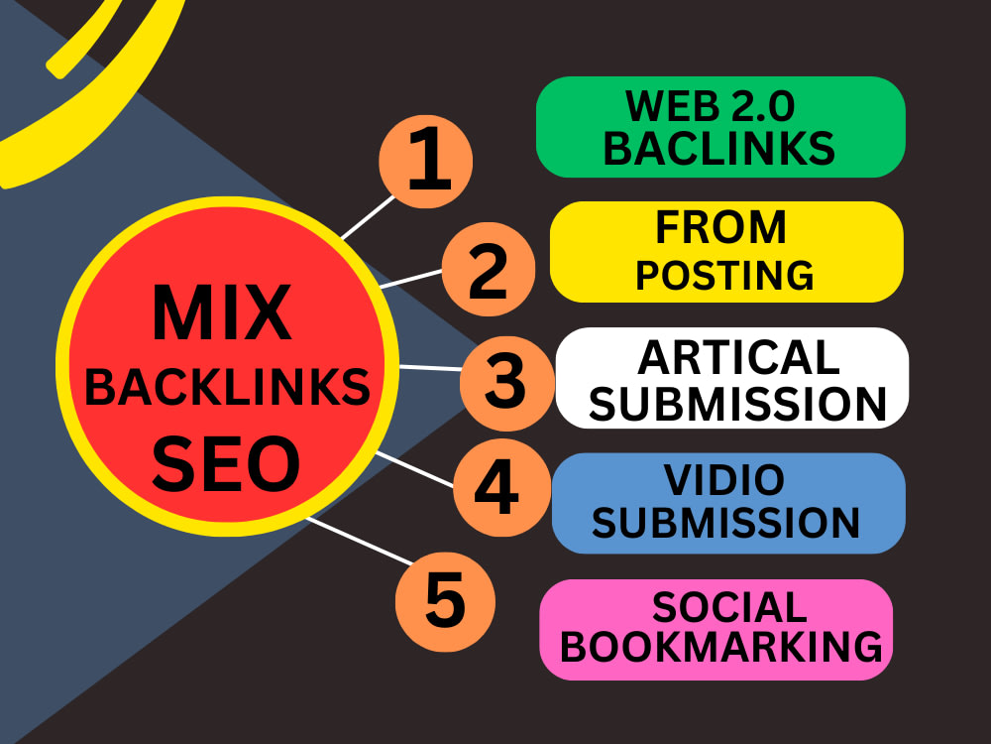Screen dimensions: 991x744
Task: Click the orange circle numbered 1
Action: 426,162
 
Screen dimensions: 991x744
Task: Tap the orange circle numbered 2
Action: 489,270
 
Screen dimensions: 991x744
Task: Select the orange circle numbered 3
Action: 507,383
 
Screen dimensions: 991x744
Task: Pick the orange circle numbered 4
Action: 501,487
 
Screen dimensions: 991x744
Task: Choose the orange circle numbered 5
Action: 445,602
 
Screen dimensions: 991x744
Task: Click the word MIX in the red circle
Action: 222,313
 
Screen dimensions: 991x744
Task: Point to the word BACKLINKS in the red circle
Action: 227,387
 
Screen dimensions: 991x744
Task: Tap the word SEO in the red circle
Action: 226,463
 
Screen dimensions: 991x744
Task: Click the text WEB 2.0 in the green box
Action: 710,106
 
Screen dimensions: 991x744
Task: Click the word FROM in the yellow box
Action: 721,227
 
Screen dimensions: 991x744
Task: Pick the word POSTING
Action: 725,275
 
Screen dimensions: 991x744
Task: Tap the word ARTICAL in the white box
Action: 739,358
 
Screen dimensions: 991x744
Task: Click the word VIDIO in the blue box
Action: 724,480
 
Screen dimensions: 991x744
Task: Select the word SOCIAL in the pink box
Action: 729,607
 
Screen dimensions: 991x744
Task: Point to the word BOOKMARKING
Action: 721,647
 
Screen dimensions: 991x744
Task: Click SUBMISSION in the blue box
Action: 725,523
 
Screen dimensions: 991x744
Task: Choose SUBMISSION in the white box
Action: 737,404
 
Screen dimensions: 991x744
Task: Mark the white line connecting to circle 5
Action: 360,541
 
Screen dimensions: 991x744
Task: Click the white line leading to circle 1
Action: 368,217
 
